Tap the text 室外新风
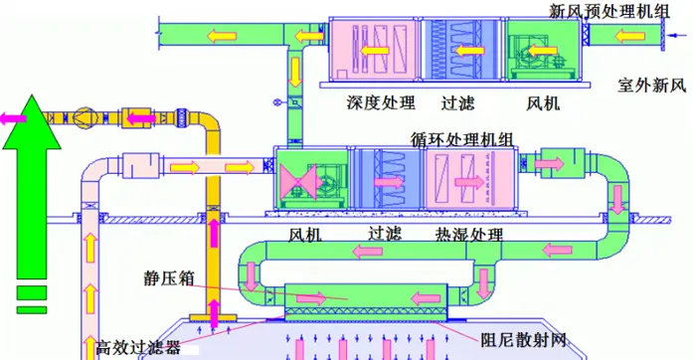pos(651,85)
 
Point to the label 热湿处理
pos(467,236)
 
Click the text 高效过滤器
pos(139,348)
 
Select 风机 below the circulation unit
pos(304,236)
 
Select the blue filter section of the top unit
pos(459,49)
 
